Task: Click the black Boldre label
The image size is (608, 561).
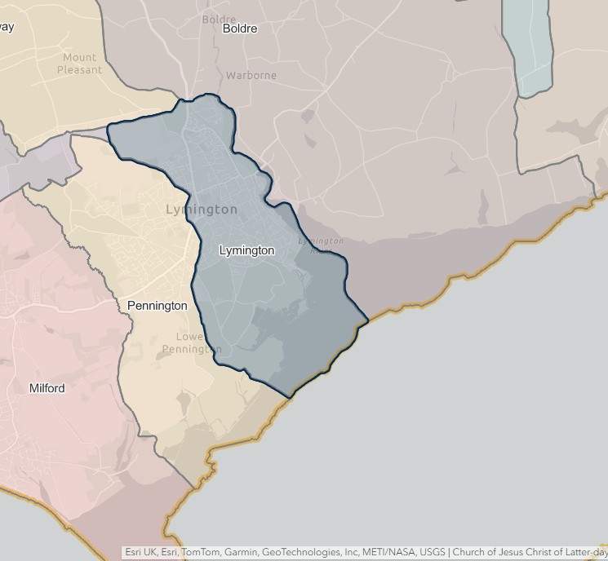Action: [x=239, y=29]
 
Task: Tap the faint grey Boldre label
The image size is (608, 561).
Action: [x=218, y=20]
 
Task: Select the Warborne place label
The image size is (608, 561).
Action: [x=251, y=75]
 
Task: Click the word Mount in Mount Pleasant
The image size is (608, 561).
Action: [x=79, y=58]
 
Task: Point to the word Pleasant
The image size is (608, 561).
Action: [x=79, y=70]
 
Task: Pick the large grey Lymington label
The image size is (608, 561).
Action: [x=202, y=210]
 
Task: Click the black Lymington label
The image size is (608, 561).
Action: [x=246, y=250]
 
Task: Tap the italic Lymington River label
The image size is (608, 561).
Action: [x=320, y=242]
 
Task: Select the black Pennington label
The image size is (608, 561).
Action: [x=157, y=306]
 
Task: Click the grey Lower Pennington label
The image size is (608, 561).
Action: [x=191, y=343]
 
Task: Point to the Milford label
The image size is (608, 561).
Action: [x=47, y=388]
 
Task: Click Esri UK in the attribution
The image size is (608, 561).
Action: [x=140, y=553]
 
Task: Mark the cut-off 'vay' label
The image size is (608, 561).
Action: [x=7, y=26]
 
